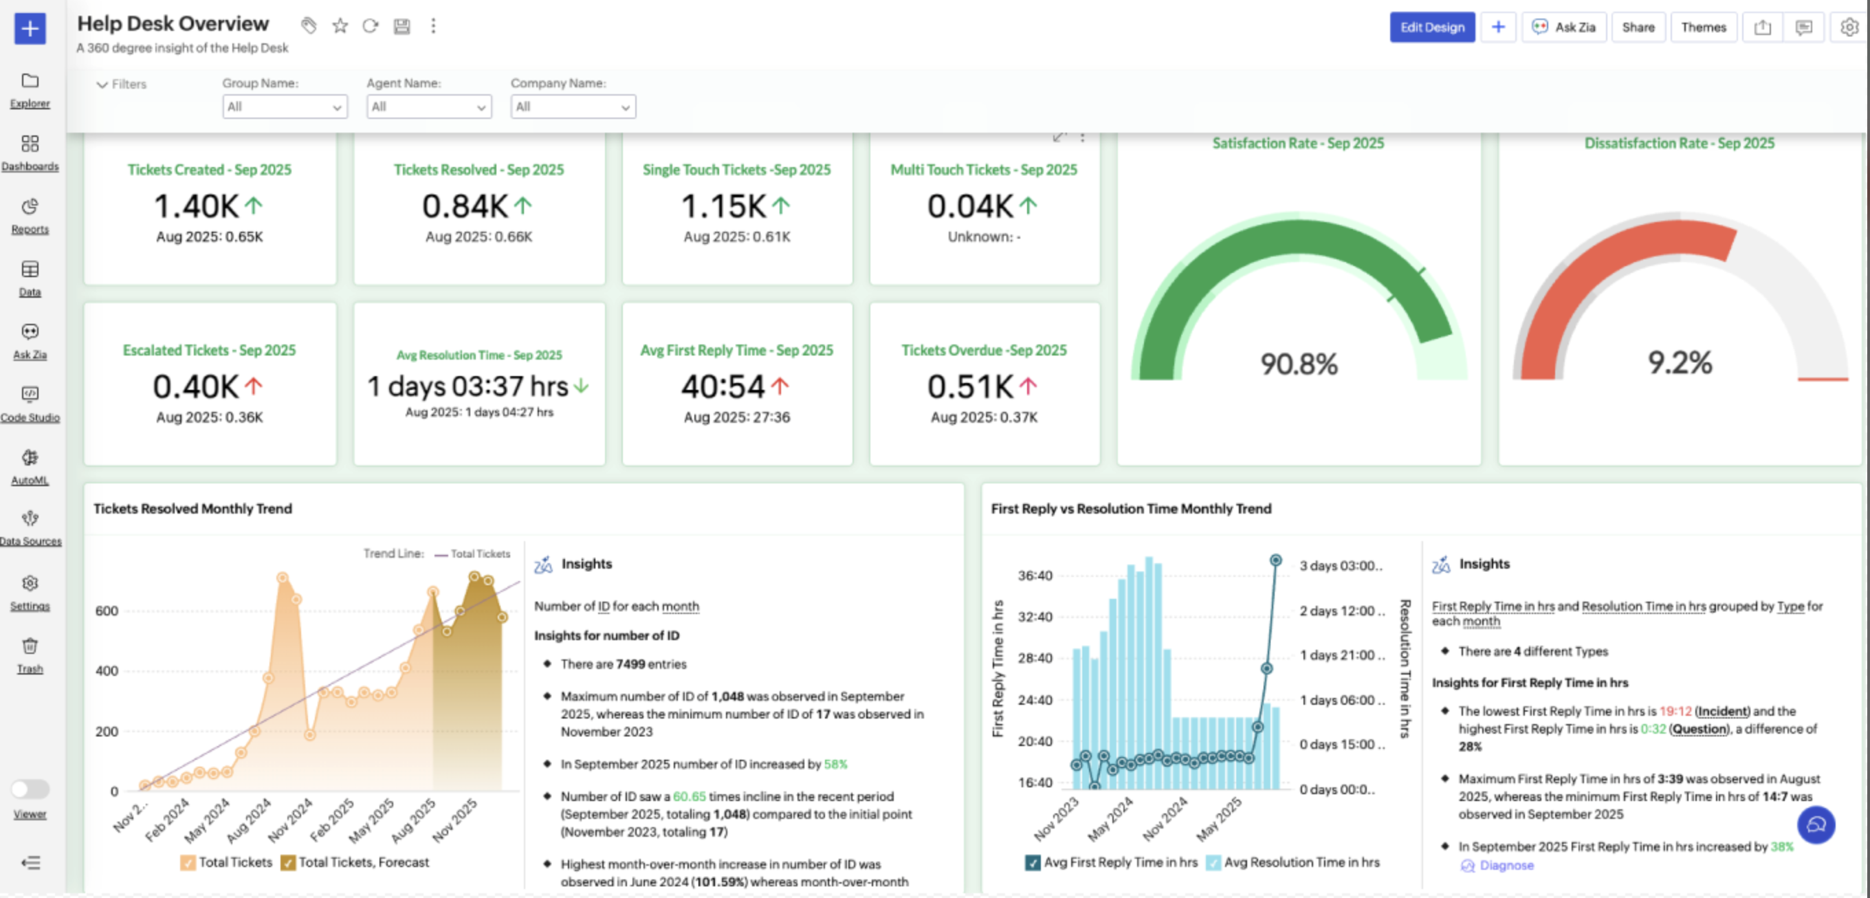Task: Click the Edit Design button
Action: tap(1431, 28)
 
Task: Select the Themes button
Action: tap(1703, 28)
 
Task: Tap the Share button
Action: tap(1638, 28)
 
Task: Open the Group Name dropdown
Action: tap(285, 107)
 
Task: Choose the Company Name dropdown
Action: tap(573, 107)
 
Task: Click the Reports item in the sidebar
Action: tap(30, 216)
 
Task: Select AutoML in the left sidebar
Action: tap(30, 467)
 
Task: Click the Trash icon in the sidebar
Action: tap(30, 654)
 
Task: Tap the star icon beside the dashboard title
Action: tap(340, 26)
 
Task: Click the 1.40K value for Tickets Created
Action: tap(196, 206)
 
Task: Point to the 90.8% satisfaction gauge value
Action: tap(1298, 364)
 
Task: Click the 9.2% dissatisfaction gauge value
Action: tap(1680, 362)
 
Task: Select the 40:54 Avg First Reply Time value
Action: tap(723, 386)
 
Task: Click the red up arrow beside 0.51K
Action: tap(1028, 386)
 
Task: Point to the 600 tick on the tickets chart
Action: tap(107, 611)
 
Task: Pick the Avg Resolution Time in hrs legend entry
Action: tap(1293, 862)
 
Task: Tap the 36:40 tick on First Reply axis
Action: tap(1035, 576)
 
